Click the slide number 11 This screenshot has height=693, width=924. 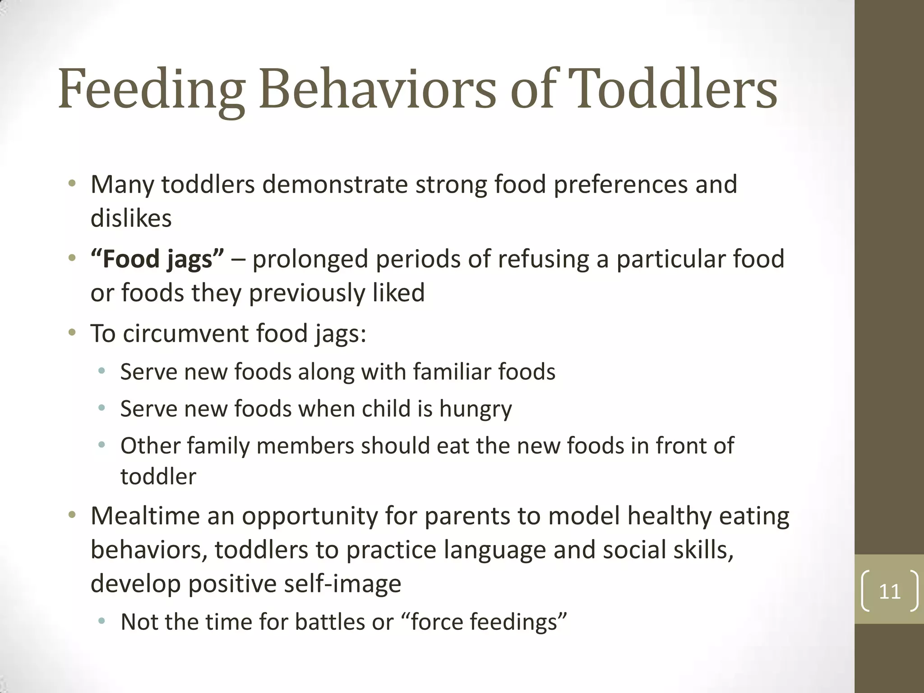890,591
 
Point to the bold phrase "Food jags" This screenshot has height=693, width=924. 157,259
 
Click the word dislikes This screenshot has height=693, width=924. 131,219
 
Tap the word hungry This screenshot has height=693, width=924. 476,409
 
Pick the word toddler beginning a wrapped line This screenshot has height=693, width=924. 158,477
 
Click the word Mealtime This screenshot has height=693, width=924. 145,516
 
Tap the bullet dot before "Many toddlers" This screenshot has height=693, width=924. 72,184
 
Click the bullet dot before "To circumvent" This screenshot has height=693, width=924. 72,333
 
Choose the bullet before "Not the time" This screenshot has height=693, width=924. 102,621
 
